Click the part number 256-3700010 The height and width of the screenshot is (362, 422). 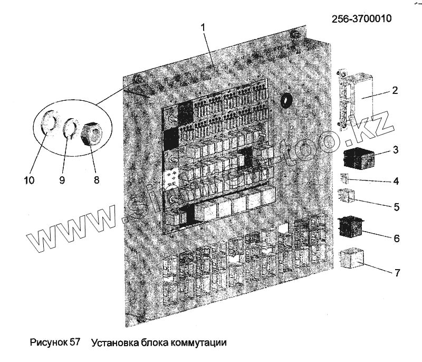(361, 19)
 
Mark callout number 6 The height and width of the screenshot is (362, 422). (396, 239)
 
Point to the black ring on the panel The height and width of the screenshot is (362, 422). (287, 100)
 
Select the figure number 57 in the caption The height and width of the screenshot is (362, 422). (74, 342)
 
